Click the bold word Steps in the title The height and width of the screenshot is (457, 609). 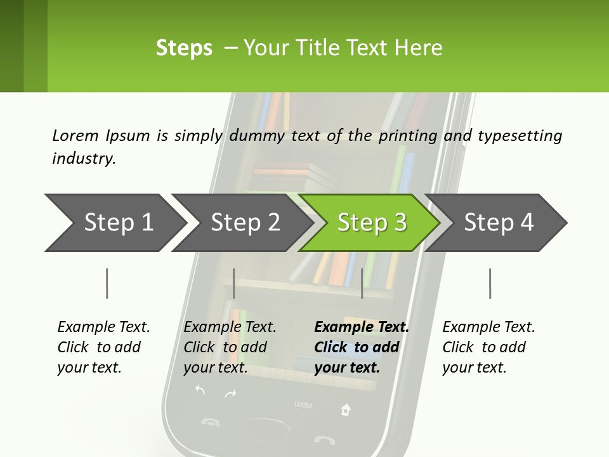[184, 48]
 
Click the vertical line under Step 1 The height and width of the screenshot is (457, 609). [107, 283]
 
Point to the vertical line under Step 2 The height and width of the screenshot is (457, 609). [234, 283]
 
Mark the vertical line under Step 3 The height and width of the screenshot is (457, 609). [362, 283]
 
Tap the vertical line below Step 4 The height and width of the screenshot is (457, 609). [490, 283]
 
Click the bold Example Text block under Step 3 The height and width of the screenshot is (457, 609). [360, 347]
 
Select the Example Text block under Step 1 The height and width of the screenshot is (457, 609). [103, 347]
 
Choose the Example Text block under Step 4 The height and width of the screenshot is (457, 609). [488, 347]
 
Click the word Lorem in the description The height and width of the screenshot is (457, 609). [75, 135]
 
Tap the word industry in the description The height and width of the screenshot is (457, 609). [83, 158]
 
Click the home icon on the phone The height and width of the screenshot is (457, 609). [346, 409]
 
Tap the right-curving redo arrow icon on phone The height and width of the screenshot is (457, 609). [230, 394]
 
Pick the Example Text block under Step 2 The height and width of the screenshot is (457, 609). [230, 347]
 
